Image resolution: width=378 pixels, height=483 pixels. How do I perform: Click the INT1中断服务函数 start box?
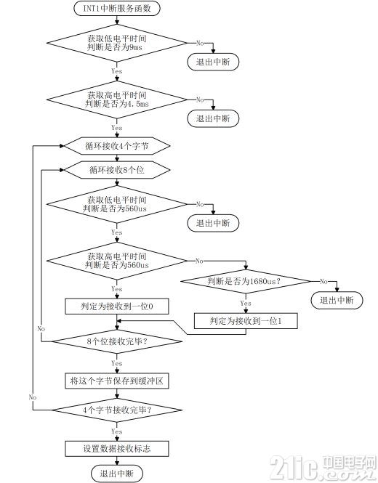click(x=117, y=8)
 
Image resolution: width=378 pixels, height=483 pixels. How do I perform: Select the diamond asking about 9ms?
click(x=117, y=43)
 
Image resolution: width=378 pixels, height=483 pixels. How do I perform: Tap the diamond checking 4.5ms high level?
click(x=117, y=100)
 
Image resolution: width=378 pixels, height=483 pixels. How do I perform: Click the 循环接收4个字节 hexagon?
click(x=117, y=146)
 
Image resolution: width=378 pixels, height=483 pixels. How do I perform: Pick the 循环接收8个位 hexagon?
click(x=117, y=170)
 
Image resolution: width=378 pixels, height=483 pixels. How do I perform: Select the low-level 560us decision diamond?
click(x=117, y=204)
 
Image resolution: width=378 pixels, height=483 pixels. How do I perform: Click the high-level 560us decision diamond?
click(x=117, y=261)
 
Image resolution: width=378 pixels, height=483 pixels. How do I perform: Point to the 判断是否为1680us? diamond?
click(x=246, y=281)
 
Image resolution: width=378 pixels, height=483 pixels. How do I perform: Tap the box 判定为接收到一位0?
click(x=117, y=307)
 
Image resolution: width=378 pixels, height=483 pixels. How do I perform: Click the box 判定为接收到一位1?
click(x=246, y=321)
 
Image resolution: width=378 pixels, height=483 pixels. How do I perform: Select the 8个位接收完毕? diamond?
click(x=117, y=341)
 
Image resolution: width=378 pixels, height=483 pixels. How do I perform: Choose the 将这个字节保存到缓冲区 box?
click(x=117, y=381)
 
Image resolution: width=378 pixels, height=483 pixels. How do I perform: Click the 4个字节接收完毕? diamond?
click(x=117, y=410)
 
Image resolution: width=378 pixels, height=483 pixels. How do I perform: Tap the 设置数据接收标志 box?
click(x=117, y=449)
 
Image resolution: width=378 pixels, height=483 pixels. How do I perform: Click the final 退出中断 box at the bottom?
click(x=117, y=474)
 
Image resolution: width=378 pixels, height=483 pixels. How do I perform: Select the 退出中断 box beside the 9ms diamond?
click(x=213, y=62)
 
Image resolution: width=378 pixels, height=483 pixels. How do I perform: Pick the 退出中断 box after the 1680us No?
click(x=337, y=301)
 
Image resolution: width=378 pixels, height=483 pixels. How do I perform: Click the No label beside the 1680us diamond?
click(x=323, y=281)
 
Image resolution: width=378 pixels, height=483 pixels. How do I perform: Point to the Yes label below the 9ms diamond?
click(x=117, y=71)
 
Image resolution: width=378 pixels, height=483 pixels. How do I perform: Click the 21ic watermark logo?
click(x=323, y=468)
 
